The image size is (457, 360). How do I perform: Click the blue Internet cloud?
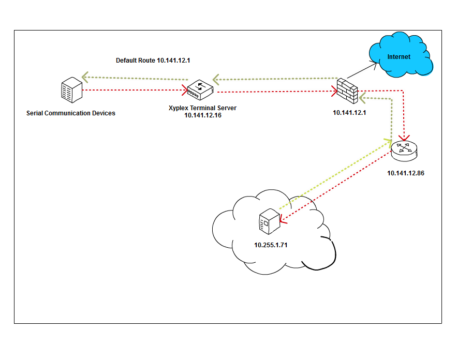point(401,55)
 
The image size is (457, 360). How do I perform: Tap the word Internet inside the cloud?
point(399,57)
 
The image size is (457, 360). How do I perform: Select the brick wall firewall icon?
point(347,91)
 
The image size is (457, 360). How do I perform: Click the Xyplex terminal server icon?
point(200,89)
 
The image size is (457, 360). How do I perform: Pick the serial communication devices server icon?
point(72,90)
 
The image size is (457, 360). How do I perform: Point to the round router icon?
point(404,151)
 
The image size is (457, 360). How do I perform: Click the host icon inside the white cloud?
point(270,222)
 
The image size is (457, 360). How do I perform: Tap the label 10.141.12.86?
point(405,173)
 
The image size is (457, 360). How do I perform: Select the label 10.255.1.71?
point(271,245)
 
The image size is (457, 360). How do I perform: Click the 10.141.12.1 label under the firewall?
point(349,113)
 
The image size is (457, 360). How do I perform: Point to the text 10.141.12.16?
point(203,115)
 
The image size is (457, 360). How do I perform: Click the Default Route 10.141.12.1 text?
point(153,61)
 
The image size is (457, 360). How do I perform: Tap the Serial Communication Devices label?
point(71,113)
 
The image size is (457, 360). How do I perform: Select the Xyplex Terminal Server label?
point(202,108)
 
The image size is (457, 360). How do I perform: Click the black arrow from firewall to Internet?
point(362,70)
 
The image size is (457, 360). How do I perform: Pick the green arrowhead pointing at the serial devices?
point(85,77)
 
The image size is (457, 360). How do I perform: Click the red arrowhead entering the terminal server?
point(184,90)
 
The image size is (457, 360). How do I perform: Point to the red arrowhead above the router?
point(404,138)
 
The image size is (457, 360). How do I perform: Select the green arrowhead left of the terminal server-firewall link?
point(216,80)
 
